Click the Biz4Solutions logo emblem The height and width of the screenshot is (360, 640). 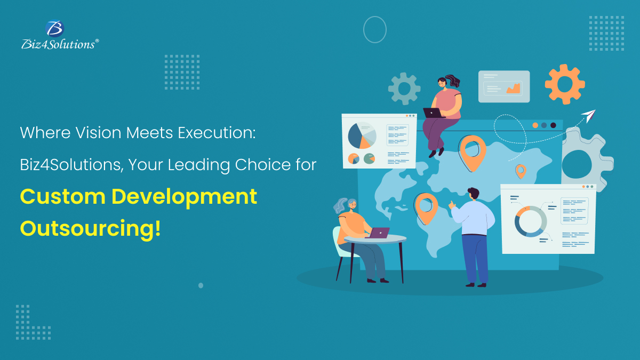coord(55,29)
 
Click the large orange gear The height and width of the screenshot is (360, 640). coord(565,84)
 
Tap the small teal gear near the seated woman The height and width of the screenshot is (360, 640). coord(404,88)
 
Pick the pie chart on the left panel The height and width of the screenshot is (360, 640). coord(362,136)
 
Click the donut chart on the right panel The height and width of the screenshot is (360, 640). coord(531,221)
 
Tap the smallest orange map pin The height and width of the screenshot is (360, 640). coord(520,171)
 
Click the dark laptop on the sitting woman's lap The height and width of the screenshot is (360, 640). coord(433,113)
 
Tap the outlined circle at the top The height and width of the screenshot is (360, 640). coord(374,29)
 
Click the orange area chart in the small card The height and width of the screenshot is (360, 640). coord(514,89)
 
